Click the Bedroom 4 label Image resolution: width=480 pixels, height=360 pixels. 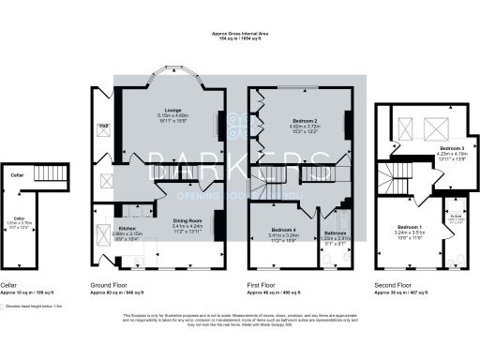[x=283, y=230]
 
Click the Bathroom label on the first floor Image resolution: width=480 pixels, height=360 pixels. [x=336, y=232]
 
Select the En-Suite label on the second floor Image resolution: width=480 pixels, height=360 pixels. [x=454, y=217]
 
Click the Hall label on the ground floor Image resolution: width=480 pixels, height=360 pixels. [x=104, y=125]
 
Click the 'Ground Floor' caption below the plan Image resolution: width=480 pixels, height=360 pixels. [x=110, y=283]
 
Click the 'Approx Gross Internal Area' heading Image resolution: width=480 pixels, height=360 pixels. [x=240, y=35]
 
